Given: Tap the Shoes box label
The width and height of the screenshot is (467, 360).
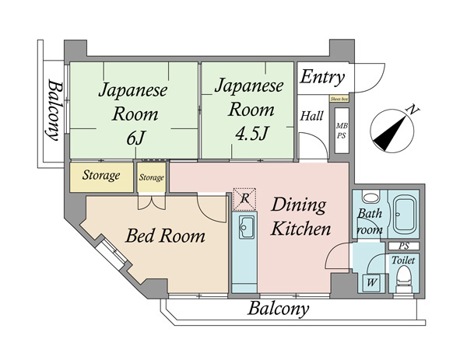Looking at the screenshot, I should [x=339, y=100].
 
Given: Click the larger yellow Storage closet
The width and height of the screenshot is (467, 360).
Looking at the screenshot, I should [x=102, y=176].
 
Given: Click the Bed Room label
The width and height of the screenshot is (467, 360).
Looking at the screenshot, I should [x=166, y=236].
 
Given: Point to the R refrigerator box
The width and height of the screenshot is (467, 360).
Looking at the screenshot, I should [x=244, y=199].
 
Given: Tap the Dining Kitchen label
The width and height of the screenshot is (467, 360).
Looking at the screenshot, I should [x=301, y=218].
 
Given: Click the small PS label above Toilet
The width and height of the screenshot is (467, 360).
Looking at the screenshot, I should [x=404, y=246].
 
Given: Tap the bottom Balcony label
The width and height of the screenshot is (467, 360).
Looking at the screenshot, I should [x=278, y=309].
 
